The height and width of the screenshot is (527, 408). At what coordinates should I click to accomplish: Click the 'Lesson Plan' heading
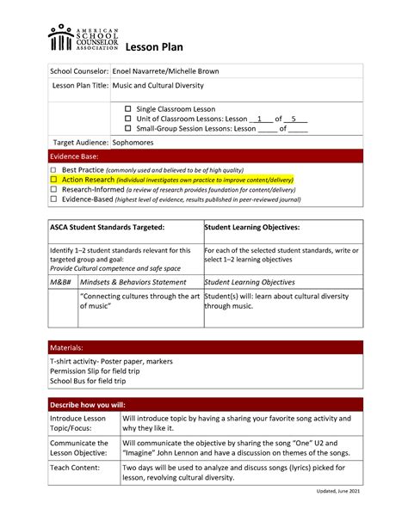tap(153, 47)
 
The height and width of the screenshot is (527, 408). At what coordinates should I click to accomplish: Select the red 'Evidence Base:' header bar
tap(203, 157)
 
